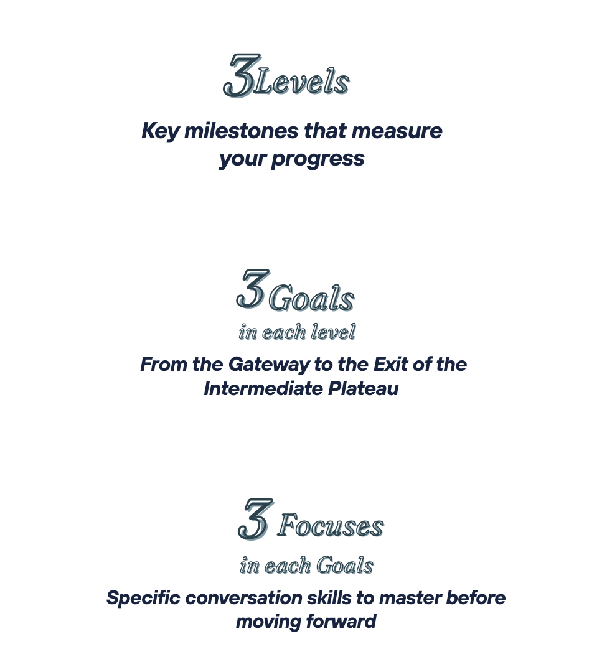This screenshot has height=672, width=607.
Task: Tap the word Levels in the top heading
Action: pos(302,83)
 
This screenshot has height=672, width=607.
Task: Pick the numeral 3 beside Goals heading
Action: pos(252,290)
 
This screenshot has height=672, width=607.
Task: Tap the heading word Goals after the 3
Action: pos(311,300)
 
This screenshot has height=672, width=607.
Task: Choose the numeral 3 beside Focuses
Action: pos(254,520)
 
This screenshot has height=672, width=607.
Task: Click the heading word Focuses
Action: pos(331,527)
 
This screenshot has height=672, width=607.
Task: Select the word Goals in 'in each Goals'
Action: pos(345,566)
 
